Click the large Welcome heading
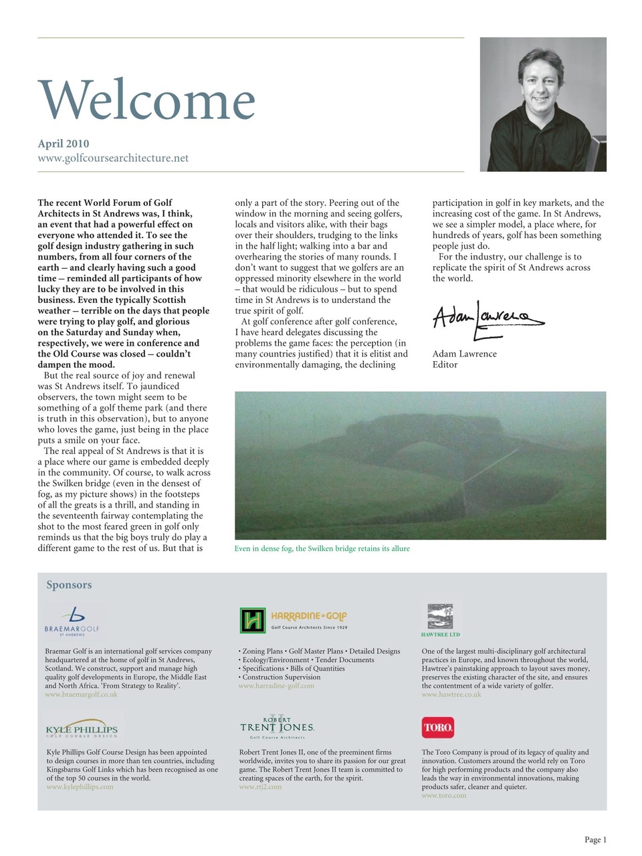coord(146,100)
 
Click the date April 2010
coord(64,143)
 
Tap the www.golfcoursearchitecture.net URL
coord(113,158)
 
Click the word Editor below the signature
coord(445,364)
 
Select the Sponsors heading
coord(69,585)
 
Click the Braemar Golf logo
coord(72,621)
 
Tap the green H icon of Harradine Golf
coord(253,621)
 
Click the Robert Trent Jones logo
coord(277,727)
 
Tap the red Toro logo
coord(438,727)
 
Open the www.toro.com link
coord(444,796)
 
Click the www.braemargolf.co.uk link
coord(81,694)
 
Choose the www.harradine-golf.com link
coord(276,685)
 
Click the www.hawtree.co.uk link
coord(451,694)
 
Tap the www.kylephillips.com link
coord(80,786)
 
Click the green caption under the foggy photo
coord(322,548)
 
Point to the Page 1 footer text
coord(595,840)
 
